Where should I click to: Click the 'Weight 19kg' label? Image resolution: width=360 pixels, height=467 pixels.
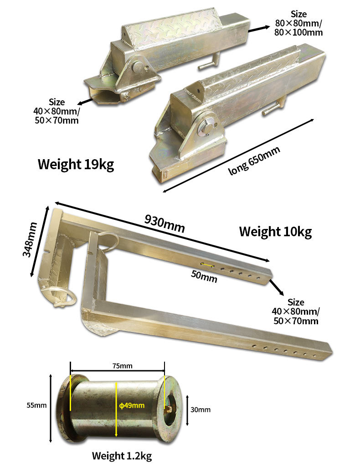[x=76, y=164]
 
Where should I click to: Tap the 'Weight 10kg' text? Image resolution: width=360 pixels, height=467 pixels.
[x=276, y=232]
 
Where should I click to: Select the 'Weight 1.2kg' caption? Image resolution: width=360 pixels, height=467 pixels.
[x=122, y=456]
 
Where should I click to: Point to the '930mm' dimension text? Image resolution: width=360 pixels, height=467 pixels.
[x=165, y=223]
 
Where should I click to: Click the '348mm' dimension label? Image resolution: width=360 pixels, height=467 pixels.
[x=30, y=239]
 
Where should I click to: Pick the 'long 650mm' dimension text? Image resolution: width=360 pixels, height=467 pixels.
[x=254, y=161]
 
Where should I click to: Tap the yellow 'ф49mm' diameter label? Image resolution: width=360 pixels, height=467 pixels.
[x=132, y=405]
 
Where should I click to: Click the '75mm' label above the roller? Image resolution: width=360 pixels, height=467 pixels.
[x=122, y=366]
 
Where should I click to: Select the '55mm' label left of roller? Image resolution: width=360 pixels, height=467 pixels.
[x=36, y=405]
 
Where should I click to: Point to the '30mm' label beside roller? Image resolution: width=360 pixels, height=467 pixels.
[x=201, y=410]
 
